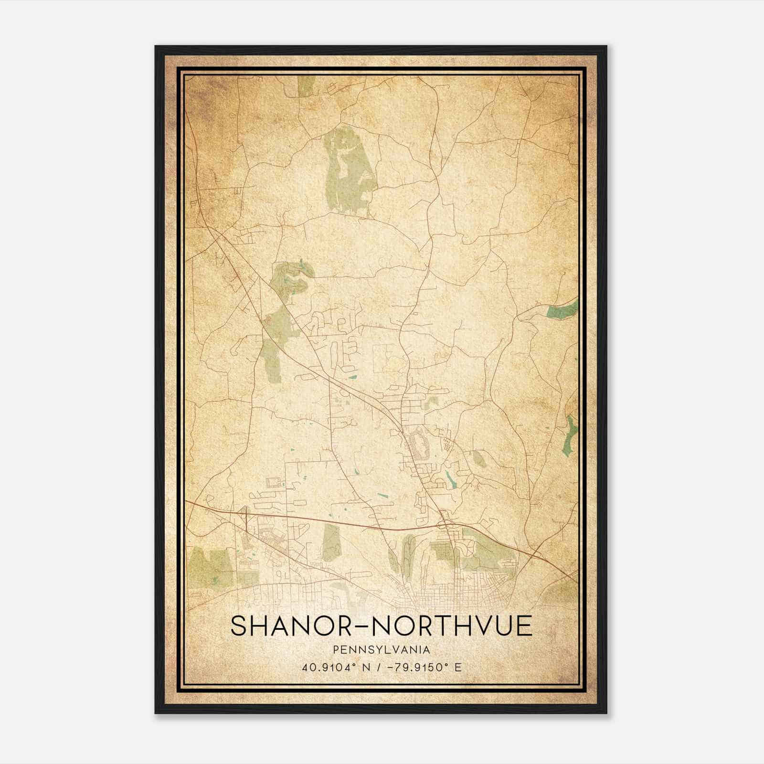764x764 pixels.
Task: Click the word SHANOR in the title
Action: point(289,626)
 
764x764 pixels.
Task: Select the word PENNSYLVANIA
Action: point(382,650)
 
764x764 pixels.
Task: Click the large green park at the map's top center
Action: point(348,172)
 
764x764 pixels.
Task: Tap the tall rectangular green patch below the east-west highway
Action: point(330,542)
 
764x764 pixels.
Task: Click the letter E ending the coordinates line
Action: point(458,668)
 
